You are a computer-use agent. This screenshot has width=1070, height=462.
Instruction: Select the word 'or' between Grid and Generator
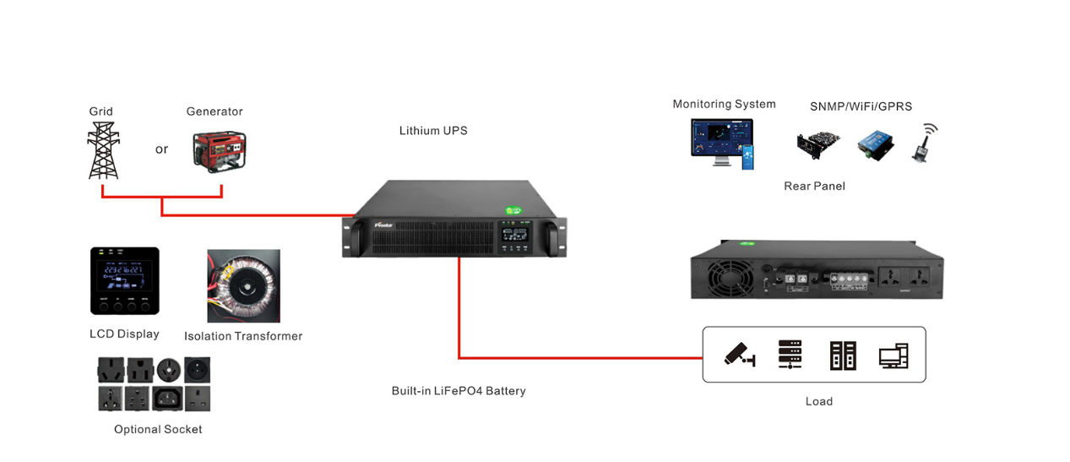tap(161, 149)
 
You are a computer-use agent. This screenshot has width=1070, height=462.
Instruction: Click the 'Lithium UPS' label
tap(433, 131)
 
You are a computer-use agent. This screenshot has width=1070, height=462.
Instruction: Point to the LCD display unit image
tap(125, 280)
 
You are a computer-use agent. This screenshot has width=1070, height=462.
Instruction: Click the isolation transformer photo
tap(243, 286)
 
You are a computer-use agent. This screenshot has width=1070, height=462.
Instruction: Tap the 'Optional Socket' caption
tap(158, 429)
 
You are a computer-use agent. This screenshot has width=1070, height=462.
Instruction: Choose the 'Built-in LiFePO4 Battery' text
tap(459, 391)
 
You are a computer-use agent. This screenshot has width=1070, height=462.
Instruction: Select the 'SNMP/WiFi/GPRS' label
tap(861, 106)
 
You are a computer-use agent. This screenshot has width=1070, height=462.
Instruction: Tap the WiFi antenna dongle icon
tap(924, 143)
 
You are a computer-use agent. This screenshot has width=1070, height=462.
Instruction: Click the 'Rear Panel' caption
tap(814, 186)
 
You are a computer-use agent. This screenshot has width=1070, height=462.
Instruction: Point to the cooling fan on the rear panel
tap(725, 276)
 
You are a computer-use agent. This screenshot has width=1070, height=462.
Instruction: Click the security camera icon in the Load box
tap(739, 355)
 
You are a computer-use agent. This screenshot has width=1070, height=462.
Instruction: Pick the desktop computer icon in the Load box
tap(893, 356)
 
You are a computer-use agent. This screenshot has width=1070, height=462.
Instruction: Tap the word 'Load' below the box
tap(818, 401)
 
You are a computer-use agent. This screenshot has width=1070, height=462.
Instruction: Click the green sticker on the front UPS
tap(513, 209)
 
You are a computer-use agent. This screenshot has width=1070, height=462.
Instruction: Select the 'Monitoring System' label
tap(724, 104)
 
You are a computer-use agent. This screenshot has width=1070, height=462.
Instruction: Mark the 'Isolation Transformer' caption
tap(243, 336)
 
